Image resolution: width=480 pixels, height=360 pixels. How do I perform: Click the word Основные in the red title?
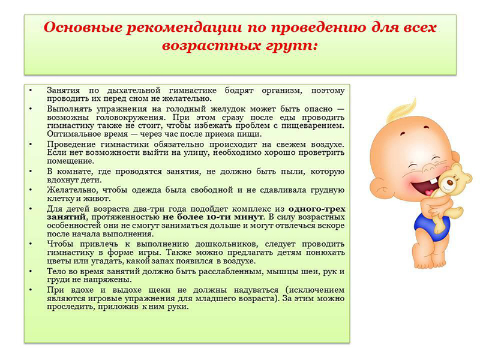click(82, 28)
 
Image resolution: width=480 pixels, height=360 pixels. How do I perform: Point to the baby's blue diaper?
click(432, 224)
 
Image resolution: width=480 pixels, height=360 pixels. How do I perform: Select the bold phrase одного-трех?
click(317, 209)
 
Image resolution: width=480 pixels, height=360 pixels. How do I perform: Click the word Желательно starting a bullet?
click(72, 190)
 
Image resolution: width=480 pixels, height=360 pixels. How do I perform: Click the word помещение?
click(70, 161)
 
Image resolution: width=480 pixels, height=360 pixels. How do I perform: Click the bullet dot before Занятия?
click(31, 91)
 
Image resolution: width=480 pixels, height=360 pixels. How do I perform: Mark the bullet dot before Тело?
click(31, 272)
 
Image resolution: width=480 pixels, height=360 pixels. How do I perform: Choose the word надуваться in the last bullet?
click(256, 290)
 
